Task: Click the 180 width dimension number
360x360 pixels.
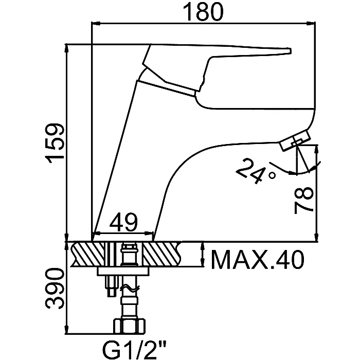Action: click(x=203, y=12)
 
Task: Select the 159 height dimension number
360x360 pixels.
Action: click(x=54, y=143)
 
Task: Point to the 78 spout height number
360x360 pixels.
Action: click(x=304, y=200)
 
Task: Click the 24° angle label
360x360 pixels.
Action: click(x=255, y=171)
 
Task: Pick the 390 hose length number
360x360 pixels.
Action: click(x=54, y=289)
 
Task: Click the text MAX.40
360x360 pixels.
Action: click(x=257, y=259)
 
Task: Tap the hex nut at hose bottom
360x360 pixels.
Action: click(x=130, y=326)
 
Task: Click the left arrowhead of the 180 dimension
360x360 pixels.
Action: click(x=96, y=23)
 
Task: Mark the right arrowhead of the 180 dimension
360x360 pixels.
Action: click(x=311, y=23)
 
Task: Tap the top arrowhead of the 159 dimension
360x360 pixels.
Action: click(x=67, y=48)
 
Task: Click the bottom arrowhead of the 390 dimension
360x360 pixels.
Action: click(x=67, y=330)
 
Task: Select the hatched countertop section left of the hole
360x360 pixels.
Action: click(x=88, y=254)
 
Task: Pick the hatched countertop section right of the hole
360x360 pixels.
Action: click(x=161, y=254)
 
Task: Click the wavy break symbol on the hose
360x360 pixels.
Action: click(x=130, y=289)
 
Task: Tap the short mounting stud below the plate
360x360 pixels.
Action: click(x=112, y=286)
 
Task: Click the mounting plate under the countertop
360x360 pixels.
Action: click(x=123, y=271)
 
